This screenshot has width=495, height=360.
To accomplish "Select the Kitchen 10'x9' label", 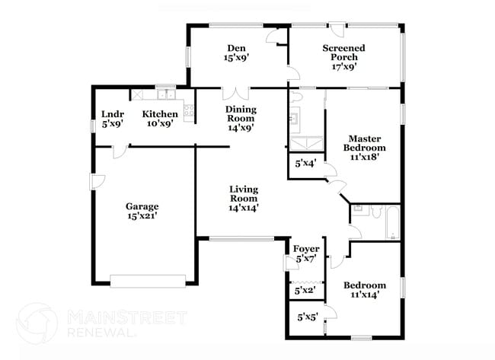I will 160,119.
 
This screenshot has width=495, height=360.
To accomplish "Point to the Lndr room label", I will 113,119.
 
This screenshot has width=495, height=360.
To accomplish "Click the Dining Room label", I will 240,119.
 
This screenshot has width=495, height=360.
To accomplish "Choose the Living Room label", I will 244,198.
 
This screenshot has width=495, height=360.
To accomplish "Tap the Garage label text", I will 142,211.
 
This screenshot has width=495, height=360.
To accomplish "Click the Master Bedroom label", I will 364,147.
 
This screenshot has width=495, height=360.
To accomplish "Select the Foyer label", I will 306,253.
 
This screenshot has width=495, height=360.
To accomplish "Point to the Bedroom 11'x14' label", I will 364,290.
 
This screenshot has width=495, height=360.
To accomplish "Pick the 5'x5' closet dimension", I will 306,316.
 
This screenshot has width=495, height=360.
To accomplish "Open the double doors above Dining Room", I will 236,94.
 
